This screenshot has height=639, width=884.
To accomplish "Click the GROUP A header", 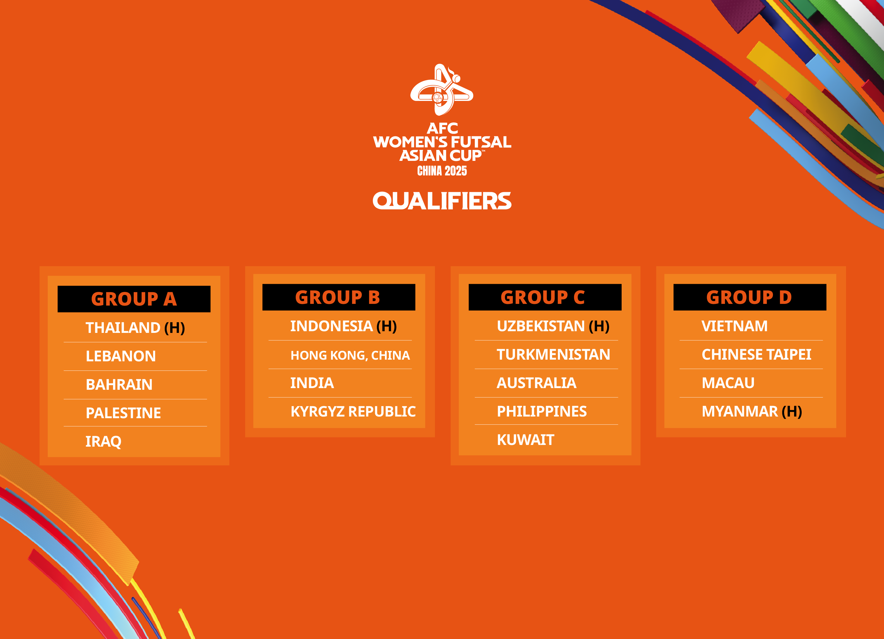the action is (x=134, y=299).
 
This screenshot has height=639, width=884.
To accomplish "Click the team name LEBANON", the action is (x=121, y=356).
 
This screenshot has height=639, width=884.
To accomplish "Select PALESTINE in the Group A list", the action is (x=123, y=413).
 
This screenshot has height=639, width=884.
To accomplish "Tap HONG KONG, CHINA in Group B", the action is (x=350, y=355).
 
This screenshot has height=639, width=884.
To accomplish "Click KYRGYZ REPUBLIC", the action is (x=353, y=412).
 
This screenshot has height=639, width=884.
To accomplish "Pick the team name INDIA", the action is (x=312, y=383).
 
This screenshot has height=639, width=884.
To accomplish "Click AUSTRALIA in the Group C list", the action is (x=536, y=383).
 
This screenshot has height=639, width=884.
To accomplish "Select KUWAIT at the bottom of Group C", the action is (x=525, y=440).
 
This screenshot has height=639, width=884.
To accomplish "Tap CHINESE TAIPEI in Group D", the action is (x=756, y=355).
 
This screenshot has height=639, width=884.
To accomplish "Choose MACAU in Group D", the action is (x=728, y=383).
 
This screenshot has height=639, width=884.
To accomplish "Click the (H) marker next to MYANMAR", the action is (x=792, y=412).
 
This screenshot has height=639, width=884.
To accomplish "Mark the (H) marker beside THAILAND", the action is (x=175, y=328).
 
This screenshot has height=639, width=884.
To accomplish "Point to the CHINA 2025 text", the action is (x=442, y=171).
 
